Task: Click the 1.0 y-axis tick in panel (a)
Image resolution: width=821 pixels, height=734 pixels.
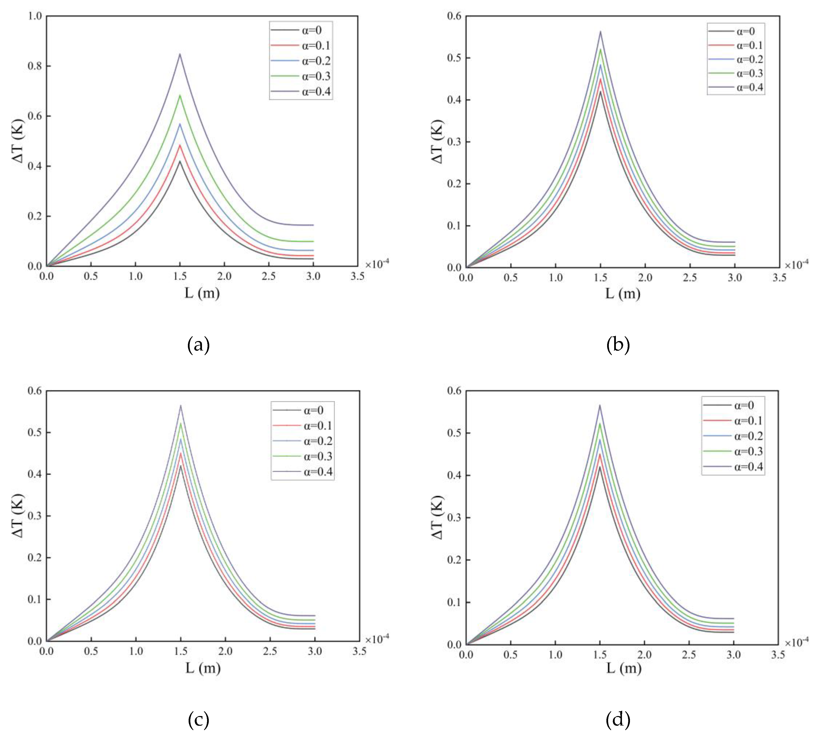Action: [35, 16]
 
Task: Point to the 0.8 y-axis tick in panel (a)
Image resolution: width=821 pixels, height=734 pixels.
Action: [35, 66]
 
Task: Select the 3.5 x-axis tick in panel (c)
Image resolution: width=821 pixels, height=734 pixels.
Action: [359, 651]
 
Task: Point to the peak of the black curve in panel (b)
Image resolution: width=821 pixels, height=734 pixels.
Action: [600, 92]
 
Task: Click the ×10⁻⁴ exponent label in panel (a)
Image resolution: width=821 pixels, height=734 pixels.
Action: [377, 264]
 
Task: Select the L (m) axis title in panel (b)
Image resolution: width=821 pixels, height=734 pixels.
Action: [623, 293]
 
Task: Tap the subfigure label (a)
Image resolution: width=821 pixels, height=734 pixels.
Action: [198, 345]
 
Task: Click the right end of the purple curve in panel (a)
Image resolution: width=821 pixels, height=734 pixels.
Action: [313, 225]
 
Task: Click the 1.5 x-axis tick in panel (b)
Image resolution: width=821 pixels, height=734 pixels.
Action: [600, 277]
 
